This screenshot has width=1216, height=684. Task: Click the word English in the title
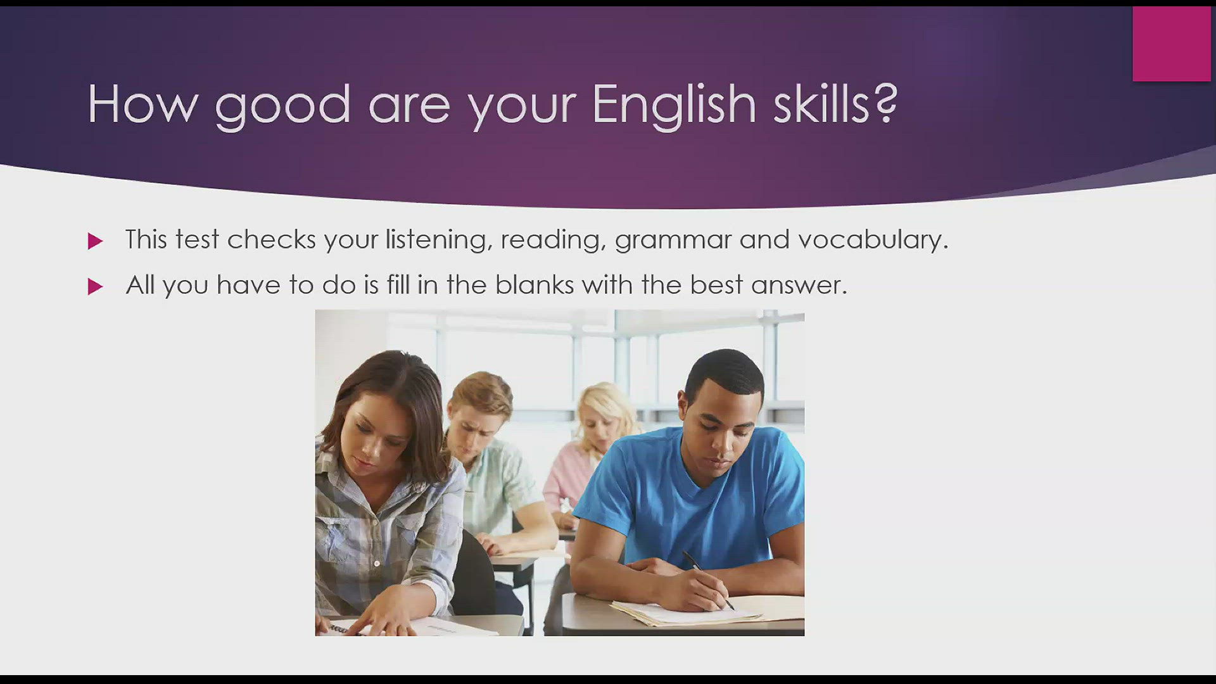(x=674, y=104)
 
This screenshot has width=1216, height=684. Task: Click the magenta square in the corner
(x=1172, y=44)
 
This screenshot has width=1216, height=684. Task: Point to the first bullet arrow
(x=95, y=241)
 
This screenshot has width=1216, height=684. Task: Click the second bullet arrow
(x=95, y=286)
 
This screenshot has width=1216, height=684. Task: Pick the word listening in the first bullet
(x=439, y=240)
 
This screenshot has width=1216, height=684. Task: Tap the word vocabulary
(x=873, y=240)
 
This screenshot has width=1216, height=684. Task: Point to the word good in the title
(x=282, y=107)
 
